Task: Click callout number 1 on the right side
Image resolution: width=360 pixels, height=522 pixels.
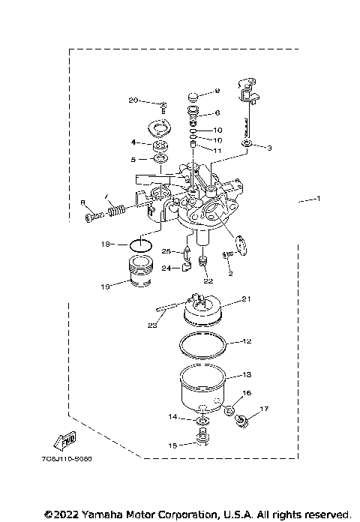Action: (x=318, y=200)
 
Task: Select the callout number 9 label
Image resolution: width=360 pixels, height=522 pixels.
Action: (x=217, y=91)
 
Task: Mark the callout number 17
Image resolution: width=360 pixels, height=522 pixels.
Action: (x=263, y=409)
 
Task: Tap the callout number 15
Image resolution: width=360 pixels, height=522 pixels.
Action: (x=172, y=445)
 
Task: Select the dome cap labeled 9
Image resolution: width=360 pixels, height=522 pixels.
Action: (x=192, y=95)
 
